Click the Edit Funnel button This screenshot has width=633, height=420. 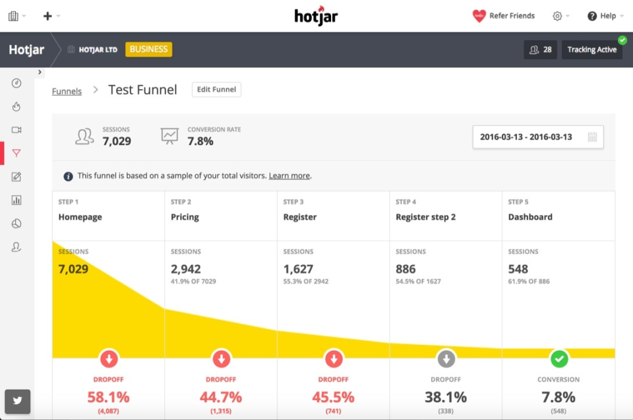[x=216, y=90]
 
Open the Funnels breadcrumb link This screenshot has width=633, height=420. [x=67, y=92]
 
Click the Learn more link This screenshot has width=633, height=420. [x=289, y=176]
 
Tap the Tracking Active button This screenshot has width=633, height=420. [x=591, y=49]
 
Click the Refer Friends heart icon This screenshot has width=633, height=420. [x=479, y=16]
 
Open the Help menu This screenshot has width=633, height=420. [x=601, y=16]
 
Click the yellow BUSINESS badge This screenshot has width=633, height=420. [x=148, y=49]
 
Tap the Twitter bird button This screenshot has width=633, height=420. [x=17, y=401]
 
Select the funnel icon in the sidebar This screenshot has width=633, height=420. [x=16, y=153]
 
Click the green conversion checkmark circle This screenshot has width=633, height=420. [x=558, y=359]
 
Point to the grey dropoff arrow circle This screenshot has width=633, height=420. [x=446, y=359]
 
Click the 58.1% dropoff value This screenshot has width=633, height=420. [x=109, y=398]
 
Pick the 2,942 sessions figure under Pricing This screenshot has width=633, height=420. [x=185, y=269]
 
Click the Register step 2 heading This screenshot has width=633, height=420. [x=425, y=217]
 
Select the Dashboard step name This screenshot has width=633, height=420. [x=530, y=217]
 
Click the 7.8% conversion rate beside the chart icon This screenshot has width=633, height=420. [x=200, y=141]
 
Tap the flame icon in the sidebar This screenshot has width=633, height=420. [x=16, y=106]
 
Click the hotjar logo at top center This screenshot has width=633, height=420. [x=316, y=16]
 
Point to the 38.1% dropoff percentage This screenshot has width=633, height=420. [x=446, y=398]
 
